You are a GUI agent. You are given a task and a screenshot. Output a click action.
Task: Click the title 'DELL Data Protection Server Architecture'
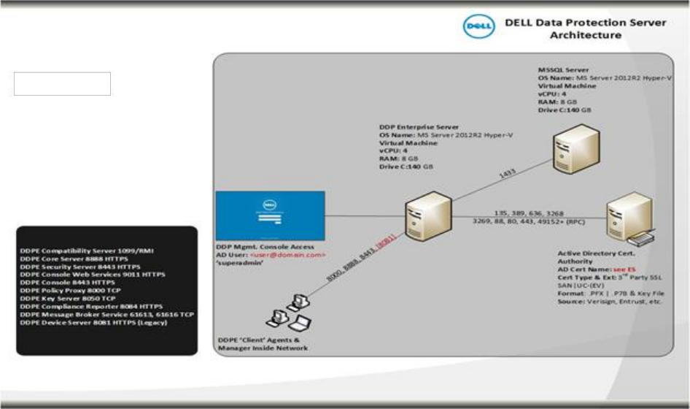(x=585, y=28)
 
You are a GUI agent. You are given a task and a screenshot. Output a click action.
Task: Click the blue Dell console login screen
(x=270, y=215)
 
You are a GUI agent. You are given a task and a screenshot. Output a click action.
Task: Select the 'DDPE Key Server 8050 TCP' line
(x=68, y=298)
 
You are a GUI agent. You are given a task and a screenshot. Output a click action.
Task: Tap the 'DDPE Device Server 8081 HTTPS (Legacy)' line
(x=93, y=322)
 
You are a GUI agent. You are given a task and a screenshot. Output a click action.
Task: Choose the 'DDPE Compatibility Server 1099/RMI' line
(x=86, y=251)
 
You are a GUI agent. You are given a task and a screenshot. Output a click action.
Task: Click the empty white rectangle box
(x=62, y=83)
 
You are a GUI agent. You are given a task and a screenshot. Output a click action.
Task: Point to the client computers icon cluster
(x=290, y=310)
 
